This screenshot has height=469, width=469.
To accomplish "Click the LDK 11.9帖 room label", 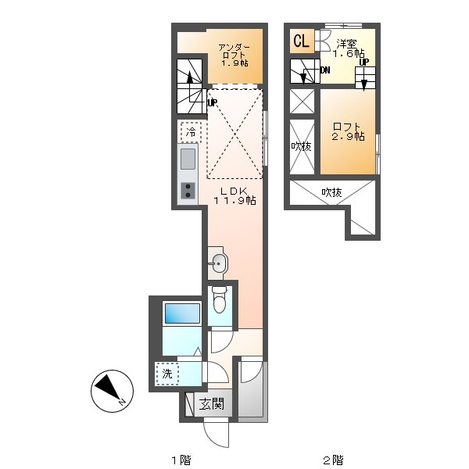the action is [234, 196].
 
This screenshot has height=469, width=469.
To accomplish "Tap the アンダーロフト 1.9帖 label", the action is [234, 55].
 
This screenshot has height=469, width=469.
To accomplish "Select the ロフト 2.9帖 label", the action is [348, 131].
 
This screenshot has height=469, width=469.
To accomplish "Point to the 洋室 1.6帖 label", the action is [349, 48].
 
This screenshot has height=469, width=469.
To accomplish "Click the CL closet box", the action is [302, 41].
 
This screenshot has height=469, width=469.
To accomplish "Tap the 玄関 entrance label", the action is [212, 404].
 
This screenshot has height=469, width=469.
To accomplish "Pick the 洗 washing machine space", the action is [167, 374].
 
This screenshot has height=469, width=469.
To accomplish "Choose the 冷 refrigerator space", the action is [191, 131].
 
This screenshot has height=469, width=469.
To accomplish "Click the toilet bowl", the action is [220, 300].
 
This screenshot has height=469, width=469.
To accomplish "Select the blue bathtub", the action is [182, 313].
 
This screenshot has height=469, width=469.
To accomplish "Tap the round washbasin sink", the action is [219, 263].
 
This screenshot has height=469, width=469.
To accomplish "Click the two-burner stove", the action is [188, 191].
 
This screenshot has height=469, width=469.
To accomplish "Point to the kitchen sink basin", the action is [188, 159].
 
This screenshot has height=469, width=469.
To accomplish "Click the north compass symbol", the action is [112, 392].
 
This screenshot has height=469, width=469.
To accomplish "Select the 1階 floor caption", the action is [181, 460].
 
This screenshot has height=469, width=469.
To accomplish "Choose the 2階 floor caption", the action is [333, 460].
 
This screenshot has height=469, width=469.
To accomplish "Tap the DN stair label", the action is [325, 70].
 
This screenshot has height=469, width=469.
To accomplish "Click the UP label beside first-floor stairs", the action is [213, 103].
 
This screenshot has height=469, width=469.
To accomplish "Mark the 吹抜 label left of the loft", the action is [302, 146].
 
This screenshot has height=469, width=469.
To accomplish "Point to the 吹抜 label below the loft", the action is [331, 192].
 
